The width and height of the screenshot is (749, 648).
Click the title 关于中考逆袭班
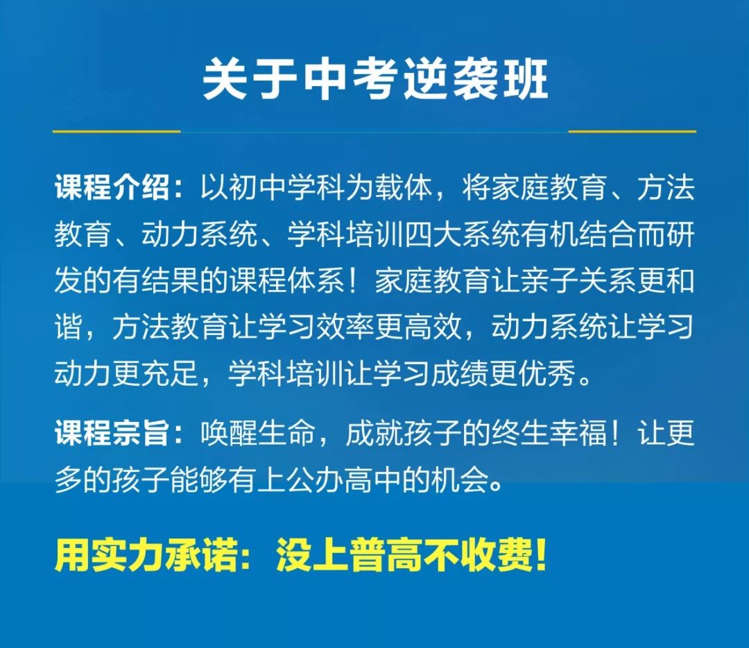(x=375, y=80)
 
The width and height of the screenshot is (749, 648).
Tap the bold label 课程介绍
(x=112, y=187)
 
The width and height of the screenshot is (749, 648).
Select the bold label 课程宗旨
(x=112, y=434)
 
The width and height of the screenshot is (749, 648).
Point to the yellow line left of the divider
(x=116, y=131)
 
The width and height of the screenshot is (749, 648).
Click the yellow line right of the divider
(x=632, y=131)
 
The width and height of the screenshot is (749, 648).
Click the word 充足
(x=170, y=373)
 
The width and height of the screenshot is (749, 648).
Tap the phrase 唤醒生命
(x=258, y=434)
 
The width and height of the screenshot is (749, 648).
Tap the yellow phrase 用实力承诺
(x=146, y=555)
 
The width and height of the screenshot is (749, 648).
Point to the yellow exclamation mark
(x=541, y=555)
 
